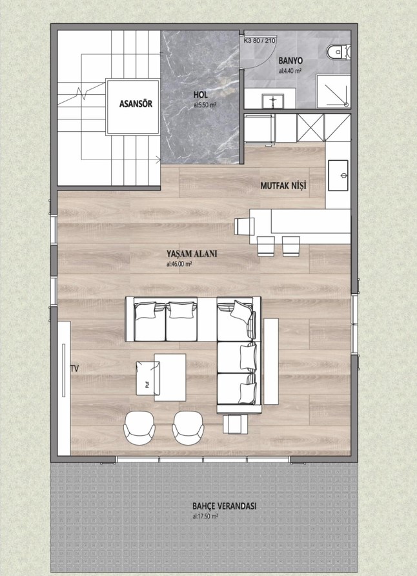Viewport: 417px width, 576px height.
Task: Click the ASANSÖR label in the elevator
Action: click(x=136, y=103)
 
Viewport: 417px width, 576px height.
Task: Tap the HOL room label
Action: click(x=200, y=95)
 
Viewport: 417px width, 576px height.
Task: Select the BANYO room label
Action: click(x=290, y=60)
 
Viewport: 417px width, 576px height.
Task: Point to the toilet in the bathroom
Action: click(x=339, y=52)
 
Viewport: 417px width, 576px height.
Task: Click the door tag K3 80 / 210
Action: click(x=259, y=41)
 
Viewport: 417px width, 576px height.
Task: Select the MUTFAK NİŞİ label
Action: click(x=283, y=185)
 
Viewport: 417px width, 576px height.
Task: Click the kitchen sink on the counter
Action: click(x=338, y=175)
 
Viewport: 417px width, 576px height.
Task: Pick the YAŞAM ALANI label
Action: click(x=192, y=254)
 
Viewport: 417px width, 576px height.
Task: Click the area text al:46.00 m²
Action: click(x=179, y=263)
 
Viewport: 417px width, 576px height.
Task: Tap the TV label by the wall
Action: click(x=74, y=369)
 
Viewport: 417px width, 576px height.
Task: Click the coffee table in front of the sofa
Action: click(x=170, y=377)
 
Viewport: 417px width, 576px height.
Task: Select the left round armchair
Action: click(x=139, y=428)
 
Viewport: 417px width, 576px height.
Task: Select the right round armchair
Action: click(x=188, y=428)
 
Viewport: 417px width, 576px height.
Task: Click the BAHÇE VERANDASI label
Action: click(x=224, y=506)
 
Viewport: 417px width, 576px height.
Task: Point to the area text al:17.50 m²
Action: click(x=205, y=516)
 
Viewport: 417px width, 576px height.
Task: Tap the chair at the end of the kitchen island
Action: click(x=245, y=226)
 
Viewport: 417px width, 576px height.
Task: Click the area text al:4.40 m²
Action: click(x=290, y=71)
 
